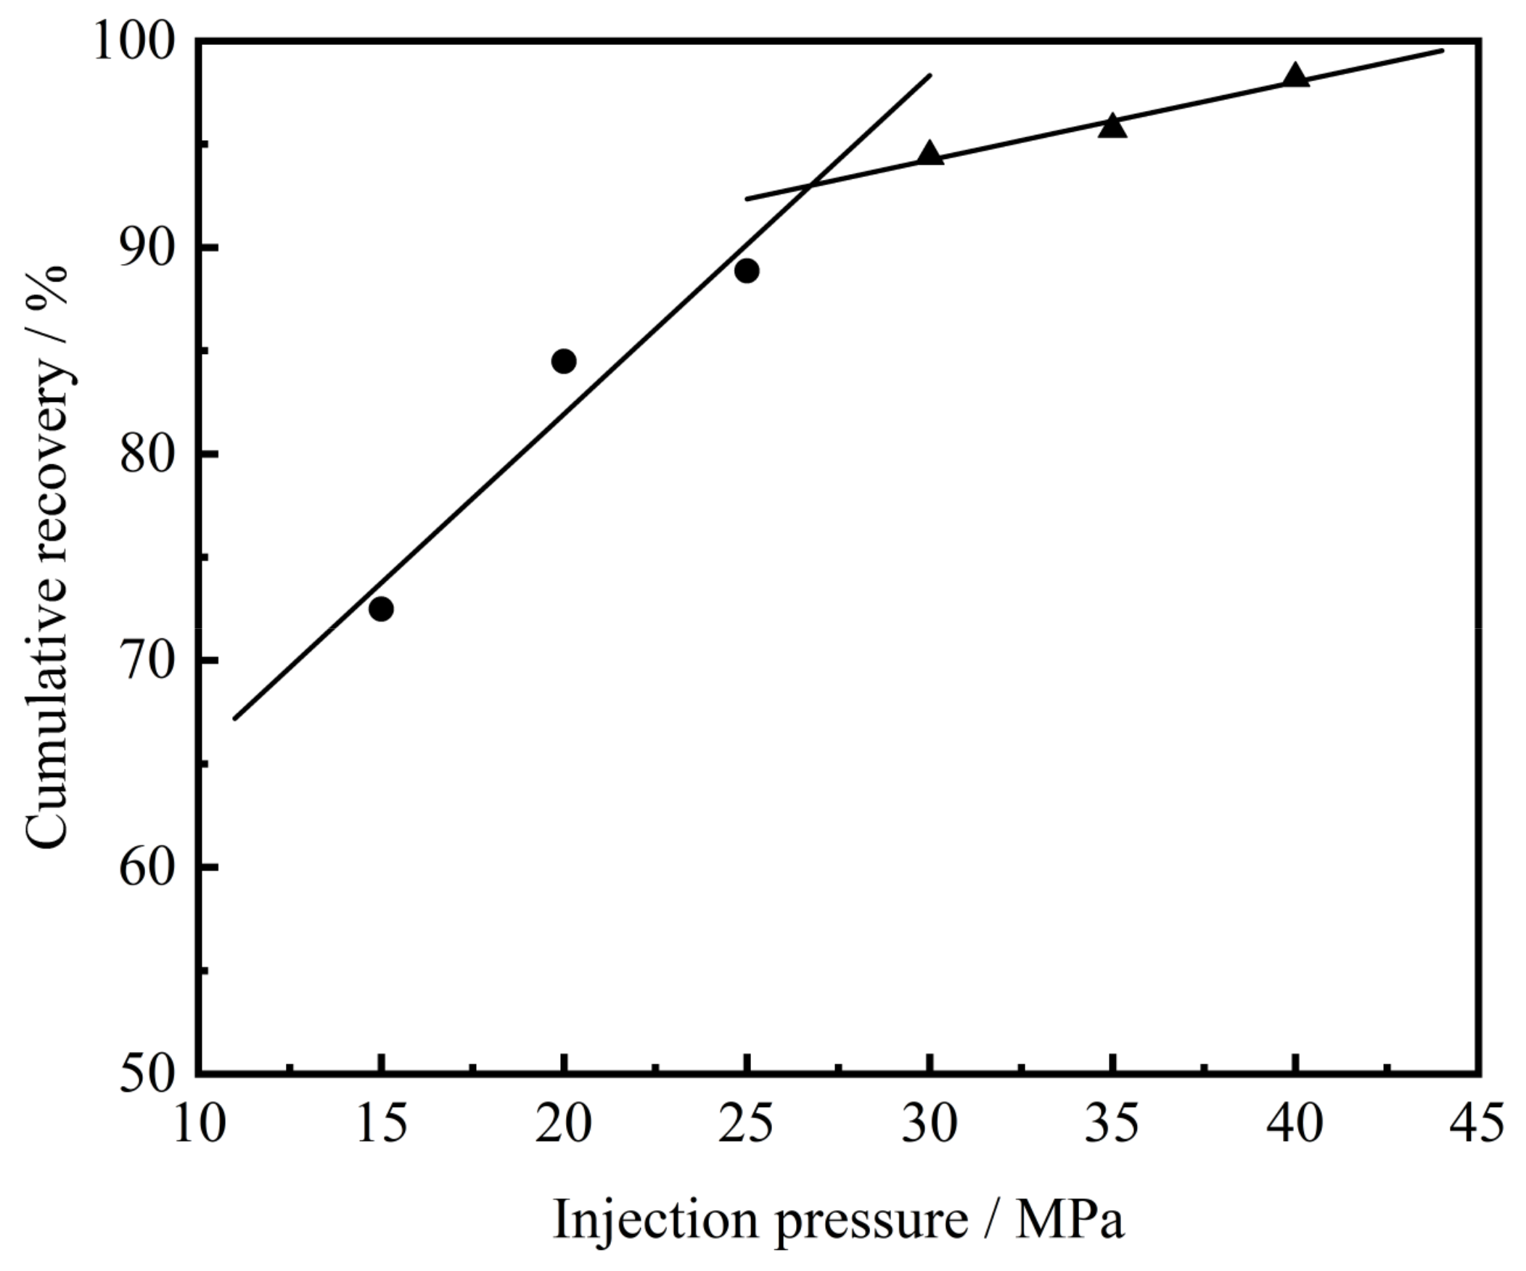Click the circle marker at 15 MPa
381,609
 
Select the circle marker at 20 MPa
564,361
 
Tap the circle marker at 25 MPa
746,271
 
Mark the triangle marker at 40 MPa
1295,76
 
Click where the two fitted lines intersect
808,186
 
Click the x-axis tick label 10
198,1125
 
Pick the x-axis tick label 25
746,1125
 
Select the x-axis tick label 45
1477,1125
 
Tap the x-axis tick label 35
1112,1125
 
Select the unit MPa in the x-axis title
1070,1220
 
